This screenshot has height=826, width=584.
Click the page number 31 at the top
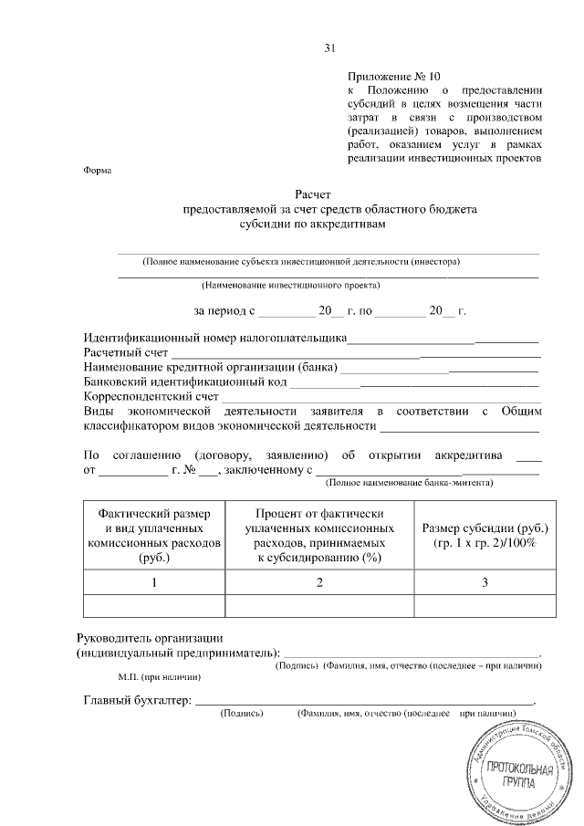pos(330,48)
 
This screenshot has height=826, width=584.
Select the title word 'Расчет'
pos(314,193)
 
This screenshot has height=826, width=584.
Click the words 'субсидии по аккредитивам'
pos(314,222)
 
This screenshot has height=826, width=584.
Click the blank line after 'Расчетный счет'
pos(356,353)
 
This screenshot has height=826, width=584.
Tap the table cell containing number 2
pos(318,581)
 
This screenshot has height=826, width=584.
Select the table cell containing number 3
pos(485,581)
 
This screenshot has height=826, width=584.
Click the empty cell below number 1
pos(153,606)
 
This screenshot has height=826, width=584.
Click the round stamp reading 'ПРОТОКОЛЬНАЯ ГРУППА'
pos(516,771)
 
